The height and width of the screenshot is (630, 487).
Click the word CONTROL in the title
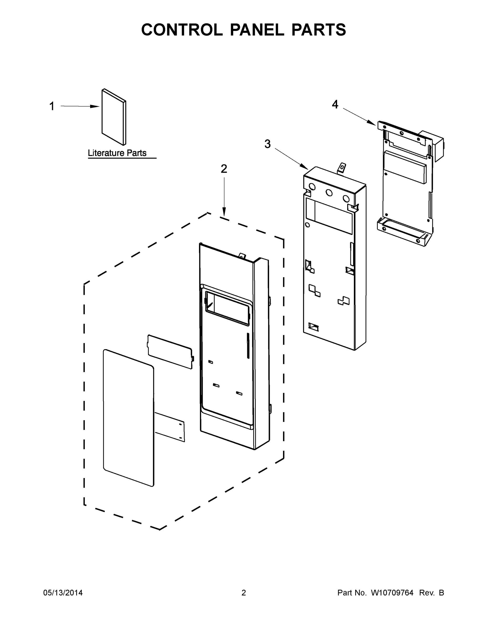tap(182, 30)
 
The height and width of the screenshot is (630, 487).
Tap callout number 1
tap(52, 106)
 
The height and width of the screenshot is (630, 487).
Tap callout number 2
tap(224, 169)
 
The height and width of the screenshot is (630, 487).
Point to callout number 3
tap(268, 144)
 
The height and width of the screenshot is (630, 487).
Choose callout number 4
tap(335, 104)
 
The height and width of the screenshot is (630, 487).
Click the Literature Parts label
tap(117, 153)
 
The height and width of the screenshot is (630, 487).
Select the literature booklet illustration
tap(114, 117)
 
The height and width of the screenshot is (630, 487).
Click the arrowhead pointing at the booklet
tap(95, 106)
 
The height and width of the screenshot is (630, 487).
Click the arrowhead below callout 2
tap(224, 212)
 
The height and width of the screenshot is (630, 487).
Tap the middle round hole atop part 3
tap(329, 193)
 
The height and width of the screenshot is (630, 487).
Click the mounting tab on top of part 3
tap(342, 168)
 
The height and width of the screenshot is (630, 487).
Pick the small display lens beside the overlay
tap(170, 351)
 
